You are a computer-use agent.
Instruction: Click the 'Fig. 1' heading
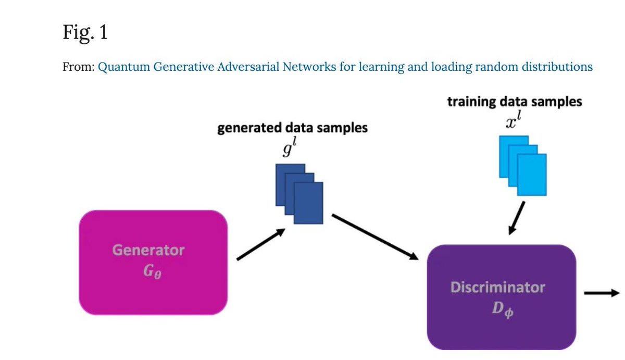click(84, 33)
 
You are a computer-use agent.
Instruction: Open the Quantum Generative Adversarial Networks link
click(345, 67)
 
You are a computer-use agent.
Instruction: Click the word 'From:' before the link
click(78, 67)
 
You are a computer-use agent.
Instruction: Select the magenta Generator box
click(153, 262)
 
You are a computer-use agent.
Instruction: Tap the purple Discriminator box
click(501, 297)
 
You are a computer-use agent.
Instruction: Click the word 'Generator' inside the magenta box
click(148, 250)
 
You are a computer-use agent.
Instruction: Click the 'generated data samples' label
click(292, 128)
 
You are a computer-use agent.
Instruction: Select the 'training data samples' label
click(515, 102)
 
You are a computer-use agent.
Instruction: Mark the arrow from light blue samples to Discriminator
click(517, 217)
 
